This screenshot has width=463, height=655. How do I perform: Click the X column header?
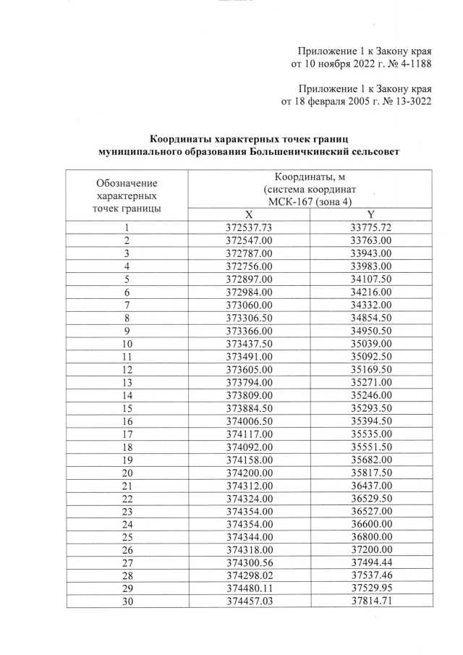click(248, 215)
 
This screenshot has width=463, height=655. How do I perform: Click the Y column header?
click(370, 215)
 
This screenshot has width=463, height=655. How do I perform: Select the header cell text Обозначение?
click(127, 183)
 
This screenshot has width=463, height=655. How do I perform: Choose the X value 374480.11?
click(248, 589)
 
